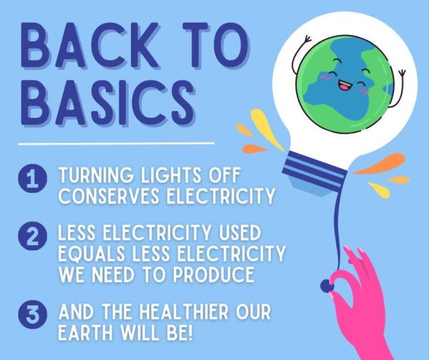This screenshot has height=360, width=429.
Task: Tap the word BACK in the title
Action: (90, 45)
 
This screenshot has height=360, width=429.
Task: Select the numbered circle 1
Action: (33, 179)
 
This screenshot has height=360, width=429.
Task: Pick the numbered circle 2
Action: (33, 236)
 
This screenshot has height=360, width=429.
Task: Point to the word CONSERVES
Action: (109, 195)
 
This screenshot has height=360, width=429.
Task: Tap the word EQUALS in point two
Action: (92, 253)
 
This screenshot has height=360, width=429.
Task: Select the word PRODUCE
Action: (214, 274)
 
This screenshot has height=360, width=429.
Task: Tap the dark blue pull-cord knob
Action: (325, 286)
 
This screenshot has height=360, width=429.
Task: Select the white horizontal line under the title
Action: (117, 143)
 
